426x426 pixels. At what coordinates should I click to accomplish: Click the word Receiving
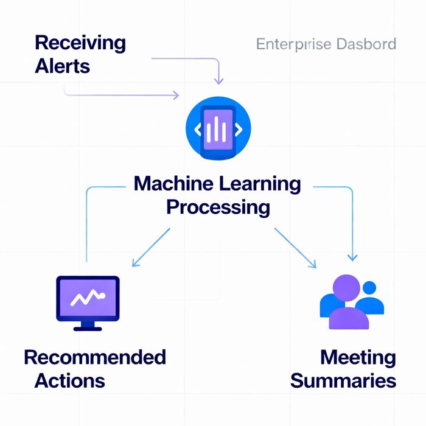pos(80,44)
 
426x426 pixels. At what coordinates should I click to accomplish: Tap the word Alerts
pos(63,66)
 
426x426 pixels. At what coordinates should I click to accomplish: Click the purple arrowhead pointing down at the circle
pos(219,81)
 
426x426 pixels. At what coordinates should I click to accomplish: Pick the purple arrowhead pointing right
pos(176,95)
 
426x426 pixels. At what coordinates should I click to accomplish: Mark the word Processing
pos(218,207)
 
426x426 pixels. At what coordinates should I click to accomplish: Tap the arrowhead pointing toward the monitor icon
pos(136,263)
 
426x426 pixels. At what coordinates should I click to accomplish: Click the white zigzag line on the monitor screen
pos(88,298)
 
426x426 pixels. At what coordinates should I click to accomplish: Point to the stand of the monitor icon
pos(88,326)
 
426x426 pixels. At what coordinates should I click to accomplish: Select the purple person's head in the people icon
pos(346,288)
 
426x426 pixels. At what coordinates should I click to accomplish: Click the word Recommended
pos(95,357)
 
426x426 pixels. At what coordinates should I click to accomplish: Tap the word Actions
pos(70,381)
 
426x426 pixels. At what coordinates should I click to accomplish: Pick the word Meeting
pos(358,357)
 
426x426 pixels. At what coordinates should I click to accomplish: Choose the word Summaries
pos(343,381)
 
